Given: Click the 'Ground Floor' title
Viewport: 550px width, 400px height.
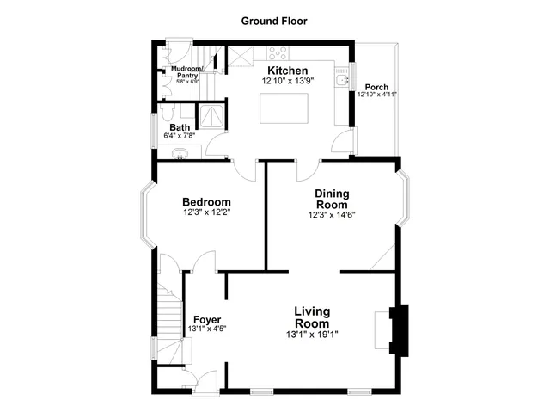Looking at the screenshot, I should [x=274, y=21].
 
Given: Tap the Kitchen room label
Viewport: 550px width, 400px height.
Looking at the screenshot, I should [x=287, y=70].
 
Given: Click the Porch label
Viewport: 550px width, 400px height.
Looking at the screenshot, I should [x=376, y=86].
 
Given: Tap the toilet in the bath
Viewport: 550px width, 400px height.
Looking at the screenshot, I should [x=167, y=113].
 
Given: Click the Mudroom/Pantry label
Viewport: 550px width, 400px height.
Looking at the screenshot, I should [x=186, y=71].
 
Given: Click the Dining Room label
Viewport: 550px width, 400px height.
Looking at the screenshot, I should [x=331, y=199].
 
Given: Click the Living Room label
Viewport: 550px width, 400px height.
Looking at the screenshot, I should [x=313, y=317].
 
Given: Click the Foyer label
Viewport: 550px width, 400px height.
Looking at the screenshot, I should [x=206, y=319].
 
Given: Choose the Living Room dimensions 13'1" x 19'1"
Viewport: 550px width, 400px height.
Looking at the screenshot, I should [x=313, y=334].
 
